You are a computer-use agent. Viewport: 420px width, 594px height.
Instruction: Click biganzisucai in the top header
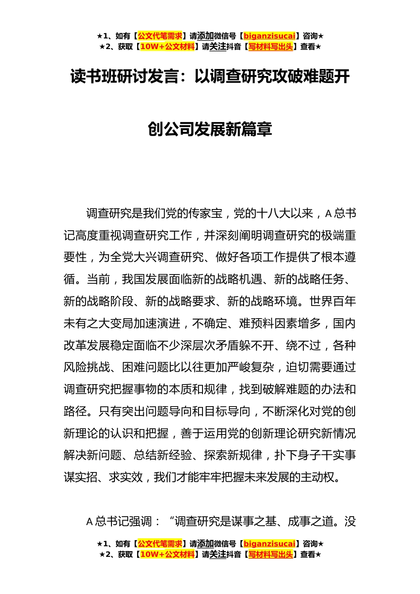269,36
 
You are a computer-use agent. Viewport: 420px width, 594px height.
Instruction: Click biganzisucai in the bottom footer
269,544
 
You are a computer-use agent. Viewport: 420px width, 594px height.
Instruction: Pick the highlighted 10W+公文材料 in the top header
167,47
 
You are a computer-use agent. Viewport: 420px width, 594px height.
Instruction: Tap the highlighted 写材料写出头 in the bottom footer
271,555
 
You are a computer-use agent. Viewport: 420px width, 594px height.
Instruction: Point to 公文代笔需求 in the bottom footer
160,544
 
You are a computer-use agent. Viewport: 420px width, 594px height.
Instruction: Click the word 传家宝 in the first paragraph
205,214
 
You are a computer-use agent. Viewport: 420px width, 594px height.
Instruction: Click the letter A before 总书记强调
89,522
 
